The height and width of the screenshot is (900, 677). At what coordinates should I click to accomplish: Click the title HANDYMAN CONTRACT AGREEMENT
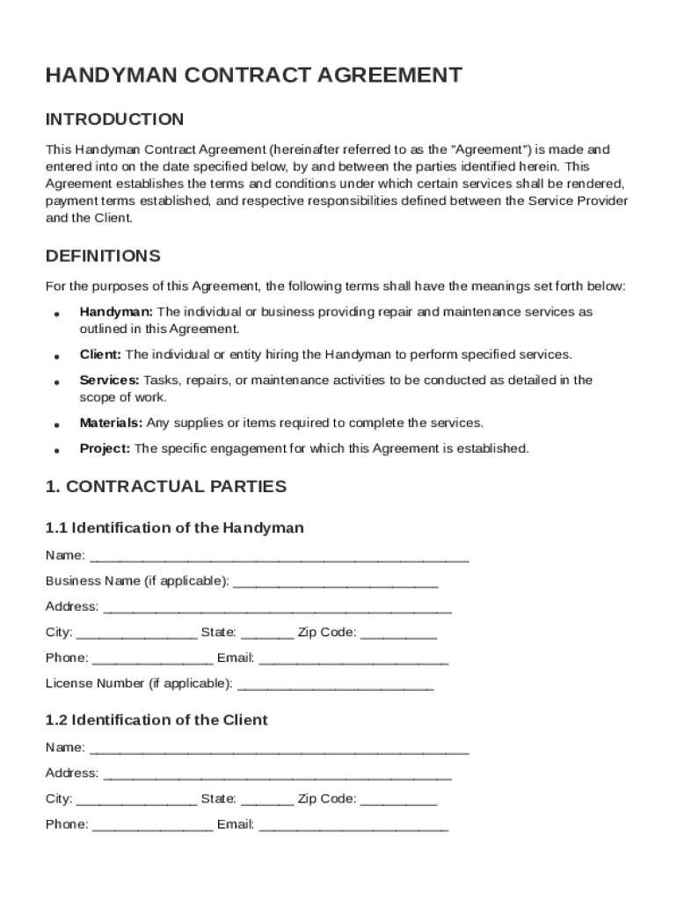coord(253,76)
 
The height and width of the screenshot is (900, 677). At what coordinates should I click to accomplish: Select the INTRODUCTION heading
coord(114,120)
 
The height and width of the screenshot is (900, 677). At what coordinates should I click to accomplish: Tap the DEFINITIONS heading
coord(103,257)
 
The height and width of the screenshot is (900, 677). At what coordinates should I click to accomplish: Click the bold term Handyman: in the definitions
coord(116,312)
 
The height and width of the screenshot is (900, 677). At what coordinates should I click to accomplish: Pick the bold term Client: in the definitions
coord(100,355)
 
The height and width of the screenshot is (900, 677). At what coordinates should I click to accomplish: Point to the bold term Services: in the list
coord(109,381)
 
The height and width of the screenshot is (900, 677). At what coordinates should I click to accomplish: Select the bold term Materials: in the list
coord(112,424)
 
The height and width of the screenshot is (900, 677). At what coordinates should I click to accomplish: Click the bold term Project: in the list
coord(105,449)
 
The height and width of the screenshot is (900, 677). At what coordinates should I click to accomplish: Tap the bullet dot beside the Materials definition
coord(56,425)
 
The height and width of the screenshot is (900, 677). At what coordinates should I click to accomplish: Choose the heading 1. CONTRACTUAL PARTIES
coord(165,487)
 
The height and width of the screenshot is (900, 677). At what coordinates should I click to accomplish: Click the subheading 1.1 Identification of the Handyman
coord(174,528)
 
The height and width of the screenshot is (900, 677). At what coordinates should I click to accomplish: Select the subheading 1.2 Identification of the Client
coord(157,721)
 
